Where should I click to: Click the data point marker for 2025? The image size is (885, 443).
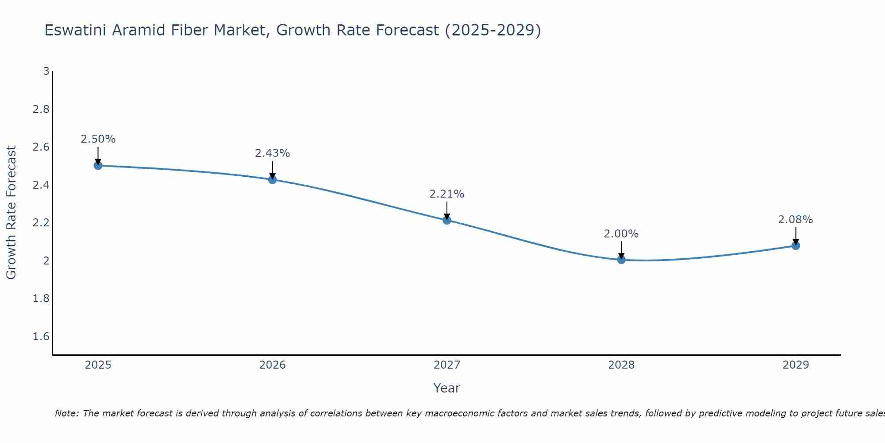click(x=98, y=166)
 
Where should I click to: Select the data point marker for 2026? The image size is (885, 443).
click(x=272, y=179)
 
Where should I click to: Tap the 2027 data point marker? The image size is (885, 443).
click(x=447, y=220)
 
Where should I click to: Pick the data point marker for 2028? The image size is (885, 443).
click(x=621, y=260)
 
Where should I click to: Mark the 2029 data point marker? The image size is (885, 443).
click(x=796, y=245)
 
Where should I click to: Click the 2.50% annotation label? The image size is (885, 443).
click(x=98, y=139)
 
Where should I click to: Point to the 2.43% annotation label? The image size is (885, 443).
click(x=272, y=153)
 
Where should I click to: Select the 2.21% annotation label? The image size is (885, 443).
click(x=447, y=194)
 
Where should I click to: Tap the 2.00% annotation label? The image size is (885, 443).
click(x=621, y=234)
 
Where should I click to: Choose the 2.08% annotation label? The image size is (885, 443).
click(x=796, y=220)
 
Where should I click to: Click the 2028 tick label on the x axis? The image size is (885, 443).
click(x=621, y=365)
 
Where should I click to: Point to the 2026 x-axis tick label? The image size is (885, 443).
click(x=272, y=365)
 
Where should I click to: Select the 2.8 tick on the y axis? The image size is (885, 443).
click(x=41, y=109)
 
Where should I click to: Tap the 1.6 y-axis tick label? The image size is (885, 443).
click(x=41, y=337)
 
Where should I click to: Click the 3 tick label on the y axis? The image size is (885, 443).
click(x=46, y=71)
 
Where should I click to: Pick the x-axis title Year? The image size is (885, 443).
click(x=447, y=388)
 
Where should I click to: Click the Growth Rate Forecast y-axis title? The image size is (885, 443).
click(x=12, y=213)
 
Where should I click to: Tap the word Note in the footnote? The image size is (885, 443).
click(x=66, y=413)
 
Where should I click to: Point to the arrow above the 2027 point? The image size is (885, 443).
click(x=447, y=210)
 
